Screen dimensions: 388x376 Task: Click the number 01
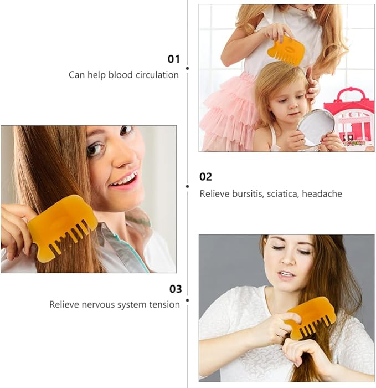pyautogui.click(x=174, y=59)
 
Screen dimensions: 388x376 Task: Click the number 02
pyautogui.click(x=205, y=177)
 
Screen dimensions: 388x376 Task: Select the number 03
pyautogui.click(x=175, y=289)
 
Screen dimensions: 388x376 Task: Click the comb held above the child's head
pyautogui.click(x=286, y=50)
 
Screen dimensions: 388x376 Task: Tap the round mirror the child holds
pyautogui.click(x=316, y=126)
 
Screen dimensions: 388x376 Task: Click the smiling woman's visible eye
pyautogui.click(x=95, y=149)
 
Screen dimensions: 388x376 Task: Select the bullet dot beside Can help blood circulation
pyautogui.click(x=187, y=68)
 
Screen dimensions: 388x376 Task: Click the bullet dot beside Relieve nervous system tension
pyautogui.click(x=187, y=300)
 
